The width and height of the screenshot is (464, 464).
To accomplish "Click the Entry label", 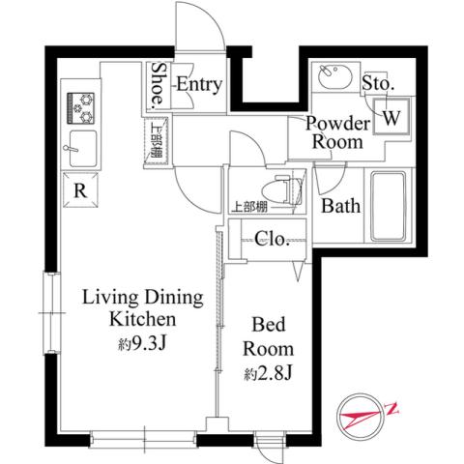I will click(x=198, y=85).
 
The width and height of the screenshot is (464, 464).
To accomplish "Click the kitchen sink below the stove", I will click(x=77, y=150).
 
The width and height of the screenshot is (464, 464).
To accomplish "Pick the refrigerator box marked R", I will click(x=81, y=190).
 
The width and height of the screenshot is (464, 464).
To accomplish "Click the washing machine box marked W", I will click(x=391, y=117).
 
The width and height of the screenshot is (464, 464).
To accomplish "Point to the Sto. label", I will click(x=378, y=85).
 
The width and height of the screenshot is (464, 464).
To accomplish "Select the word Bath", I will click(x=340, y=205).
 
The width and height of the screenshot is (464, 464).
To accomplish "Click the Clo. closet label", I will click(x=272, y=240).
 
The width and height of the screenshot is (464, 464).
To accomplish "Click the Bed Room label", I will click(x=267, y=335).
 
